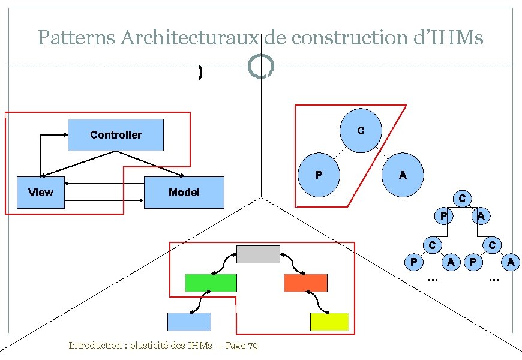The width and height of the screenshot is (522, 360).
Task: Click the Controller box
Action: (x=115, y=134)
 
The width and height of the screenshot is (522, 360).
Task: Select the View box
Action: (x=41, y=193)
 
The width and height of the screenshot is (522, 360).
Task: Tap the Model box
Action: (x=184, y=193)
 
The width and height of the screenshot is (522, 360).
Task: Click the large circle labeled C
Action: (x=360, y=130)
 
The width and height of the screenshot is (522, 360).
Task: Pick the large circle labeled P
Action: (x=319, y=176)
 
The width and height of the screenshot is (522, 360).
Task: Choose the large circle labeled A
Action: (x=403, y=176)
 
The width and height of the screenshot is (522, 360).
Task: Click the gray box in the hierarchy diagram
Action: (x=258, y=254)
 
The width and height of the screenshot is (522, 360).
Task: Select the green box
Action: (x=211, y=283)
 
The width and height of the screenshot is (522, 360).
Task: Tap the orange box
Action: (x=305, y=283)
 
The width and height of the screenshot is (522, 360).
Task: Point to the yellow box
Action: (x=329, y=322)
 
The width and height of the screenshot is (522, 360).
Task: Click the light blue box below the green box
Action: (x=189, y=322)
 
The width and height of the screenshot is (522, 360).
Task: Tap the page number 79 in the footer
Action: (x=252, y=346)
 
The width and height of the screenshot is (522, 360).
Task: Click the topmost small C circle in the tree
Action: (x=461, y=198)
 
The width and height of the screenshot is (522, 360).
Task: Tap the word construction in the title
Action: (x=338, y=38)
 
